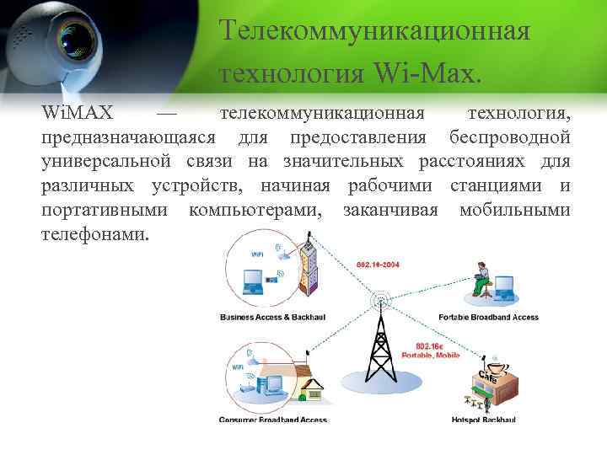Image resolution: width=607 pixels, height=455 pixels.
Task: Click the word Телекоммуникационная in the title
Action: pos(374,31)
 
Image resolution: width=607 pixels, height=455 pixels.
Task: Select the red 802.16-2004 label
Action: pos(378,264)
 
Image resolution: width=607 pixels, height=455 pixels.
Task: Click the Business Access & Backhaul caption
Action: pos(271,318)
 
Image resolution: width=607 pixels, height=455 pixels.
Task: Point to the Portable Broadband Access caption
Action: pos(488,318)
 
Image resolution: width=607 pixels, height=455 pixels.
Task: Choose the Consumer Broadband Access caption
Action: pos(272,419)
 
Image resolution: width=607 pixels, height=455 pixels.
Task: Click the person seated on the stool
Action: pos(481,277)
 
